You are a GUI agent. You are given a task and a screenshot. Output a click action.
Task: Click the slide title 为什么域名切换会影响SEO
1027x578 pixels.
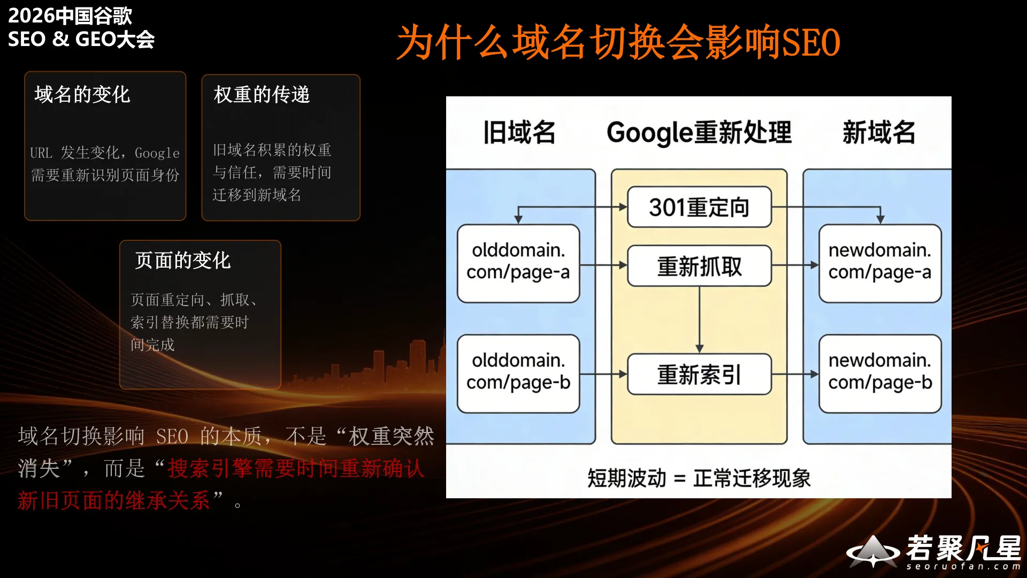click(618, 42)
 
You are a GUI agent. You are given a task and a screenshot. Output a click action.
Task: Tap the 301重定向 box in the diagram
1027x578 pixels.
click(699, 207)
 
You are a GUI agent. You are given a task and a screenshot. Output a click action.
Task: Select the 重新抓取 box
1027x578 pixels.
click(699, 266)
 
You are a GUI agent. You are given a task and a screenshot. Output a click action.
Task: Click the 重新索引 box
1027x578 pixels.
click(699, 374)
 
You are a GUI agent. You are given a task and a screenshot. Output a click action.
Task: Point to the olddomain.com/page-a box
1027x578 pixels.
click(518, 263)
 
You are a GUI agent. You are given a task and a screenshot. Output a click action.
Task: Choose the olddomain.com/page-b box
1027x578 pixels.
click(518, 373)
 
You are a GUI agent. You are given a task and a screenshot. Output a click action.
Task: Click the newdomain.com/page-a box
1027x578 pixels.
click(880, 263)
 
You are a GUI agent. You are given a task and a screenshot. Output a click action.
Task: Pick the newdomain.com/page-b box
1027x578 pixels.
click(880, 373)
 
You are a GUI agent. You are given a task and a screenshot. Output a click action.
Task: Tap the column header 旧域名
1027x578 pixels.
click(519, 132)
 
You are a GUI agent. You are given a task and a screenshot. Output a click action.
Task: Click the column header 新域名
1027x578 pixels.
click(879, 132)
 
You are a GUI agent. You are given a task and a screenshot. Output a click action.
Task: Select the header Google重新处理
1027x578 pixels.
click(699, 132)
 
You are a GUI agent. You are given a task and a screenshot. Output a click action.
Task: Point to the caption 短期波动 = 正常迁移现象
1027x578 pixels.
click(699, 478)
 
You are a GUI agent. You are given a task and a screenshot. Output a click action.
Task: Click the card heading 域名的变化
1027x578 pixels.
click(82, 95)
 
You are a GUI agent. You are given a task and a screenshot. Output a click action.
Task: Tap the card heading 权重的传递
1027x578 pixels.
click(262, 95)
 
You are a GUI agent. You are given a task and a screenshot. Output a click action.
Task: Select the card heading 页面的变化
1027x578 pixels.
click(182, 261)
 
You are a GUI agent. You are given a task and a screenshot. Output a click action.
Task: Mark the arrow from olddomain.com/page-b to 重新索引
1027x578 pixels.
click(603, 374)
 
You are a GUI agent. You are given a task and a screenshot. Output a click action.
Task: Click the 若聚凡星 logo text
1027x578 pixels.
click(963, 547)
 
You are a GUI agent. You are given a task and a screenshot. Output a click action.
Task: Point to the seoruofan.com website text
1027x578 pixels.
click(963, 566)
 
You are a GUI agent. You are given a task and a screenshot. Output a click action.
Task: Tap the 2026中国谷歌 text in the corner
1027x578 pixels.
click(70, 16)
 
